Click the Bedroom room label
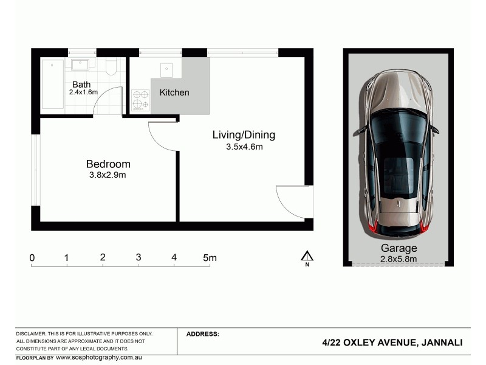[x=108, y=164]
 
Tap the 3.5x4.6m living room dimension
[x=244, y=147]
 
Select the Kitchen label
[x=174, y=92]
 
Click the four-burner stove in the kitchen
[x=140, y=100]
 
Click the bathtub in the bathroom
[x=53, y=84]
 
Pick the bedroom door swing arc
[x=162, y=137]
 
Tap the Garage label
[x=399, y=248]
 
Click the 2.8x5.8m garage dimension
[x=399, y=259]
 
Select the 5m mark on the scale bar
[x=209, y=258]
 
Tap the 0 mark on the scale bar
[x=32, y=258]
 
